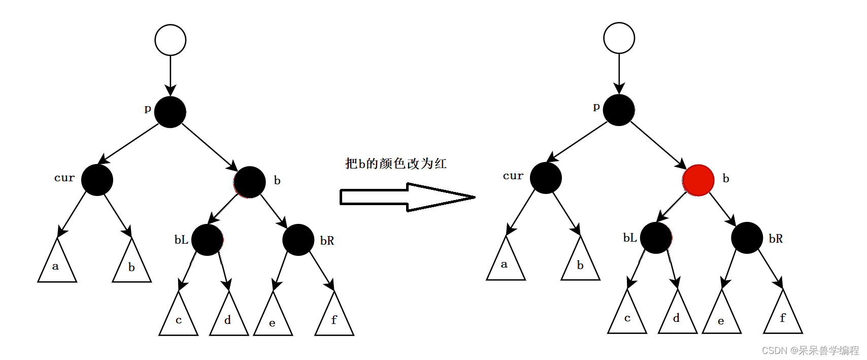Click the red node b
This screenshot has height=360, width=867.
coord(698,180)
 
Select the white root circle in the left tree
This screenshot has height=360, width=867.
coord(171,40)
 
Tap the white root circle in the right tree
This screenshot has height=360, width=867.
coord(619,38)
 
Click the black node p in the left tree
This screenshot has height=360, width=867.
coord(170,112)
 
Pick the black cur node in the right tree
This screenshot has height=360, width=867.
coord(546,178)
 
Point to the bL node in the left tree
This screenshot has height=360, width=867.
coord(207,240)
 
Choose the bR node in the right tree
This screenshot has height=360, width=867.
coord(747,238)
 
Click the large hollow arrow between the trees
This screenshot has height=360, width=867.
coord(406,197)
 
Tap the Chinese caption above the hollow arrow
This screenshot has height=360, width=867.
coord(395,163)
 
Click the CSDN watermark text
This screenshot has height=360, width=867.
coord(810,350)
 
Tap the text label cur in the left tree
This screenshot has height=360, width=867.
coord(64,178)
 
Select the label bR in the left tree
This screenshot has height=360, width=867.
coord(327,241)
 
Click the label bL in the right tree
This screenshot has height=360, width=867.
coord(630,238)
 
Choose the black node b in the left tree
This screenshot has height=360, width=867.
coord(250,182)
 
